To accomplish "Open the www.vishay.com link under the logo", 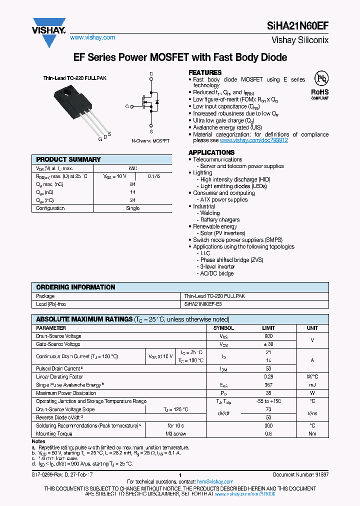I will click(x=92, y=37).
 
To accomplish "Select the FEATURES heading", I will click(x=205, y=72).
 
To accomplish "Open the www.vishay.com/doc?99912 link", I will click(x=260, y=140).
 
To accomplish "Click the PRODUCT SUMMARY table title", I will click(x=68, y=159).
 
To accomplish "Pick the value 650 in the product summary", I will click(x=132, y=168).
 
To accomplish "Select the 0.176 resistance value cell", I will click(x=154, y=176).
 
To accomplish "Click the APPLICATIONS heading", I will click(x=211, y=152).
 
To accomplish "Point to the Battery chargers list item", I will click(x=220, y=219).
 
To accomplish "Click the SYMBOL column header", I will click(x=223, y=328).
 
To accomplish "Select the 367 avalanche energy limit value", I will click(x=268, y=385).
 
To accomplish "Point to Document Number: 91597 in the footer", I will click(x=300, y=475).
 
